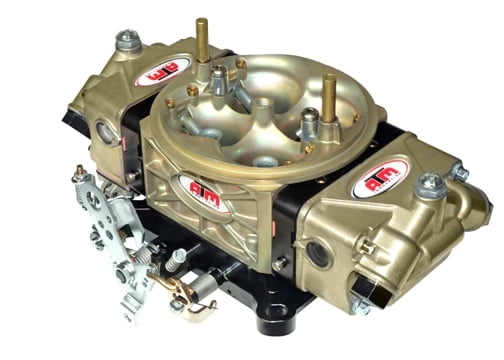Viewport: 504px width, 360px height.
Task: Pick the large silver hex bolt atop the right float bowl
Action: pyautogui.click(x=430, y=185)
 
